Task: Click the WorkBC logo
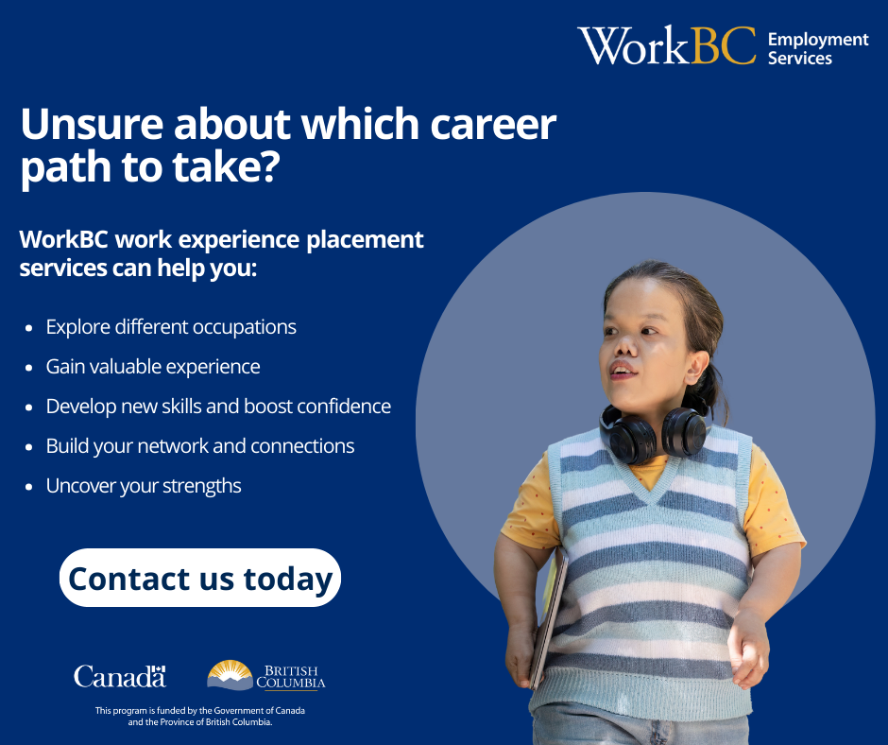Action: click(x=667, y=45)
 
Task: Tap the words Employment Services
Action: click(x=818, y=49)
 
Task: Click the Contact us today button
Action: click(x=200, y=578)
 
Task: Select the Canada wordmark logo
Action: click(x=120, y=676)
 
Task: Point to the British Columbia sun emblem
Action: click(x=230, y=675)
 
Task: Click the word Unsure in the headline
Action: click(x=92, y=124)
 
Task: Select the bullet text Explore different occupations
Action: click(x=171, y=327)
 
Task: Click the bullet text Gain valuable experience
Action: click(x=153, y=367)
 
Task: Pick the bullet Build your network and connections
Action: click(x=200, y=446)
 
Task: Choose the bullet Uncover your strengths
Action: click(x=144, y=486)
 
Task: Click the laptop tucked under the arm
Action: click(x=548, y=618)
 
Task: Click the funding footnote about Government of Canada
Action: click(x=200, y=716)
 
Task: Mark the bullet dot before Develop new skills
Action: click(x=29, y=407)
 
